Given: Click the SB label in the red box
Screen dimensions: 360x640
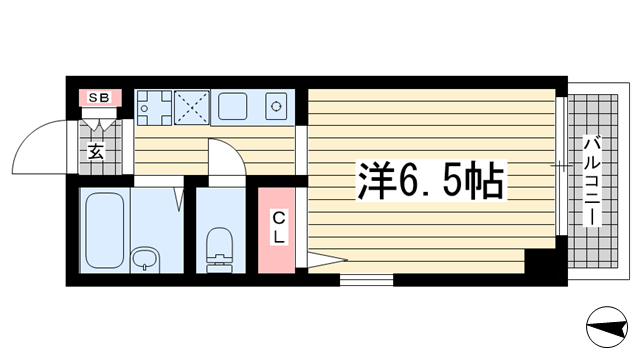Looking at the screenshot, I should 99,97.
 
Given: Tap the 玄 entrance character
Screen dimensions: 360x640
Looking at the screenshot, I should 96,152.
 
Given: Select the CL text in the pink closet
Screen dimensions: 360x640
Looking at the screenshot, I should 280,227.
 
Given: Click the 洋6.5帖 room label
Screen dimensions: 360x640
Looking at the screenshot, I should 430,182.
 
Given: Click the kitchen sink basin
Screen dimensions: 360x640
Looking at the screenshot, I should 233,104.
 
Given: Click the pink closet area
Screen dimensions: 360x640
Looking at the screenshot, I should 280,230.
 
